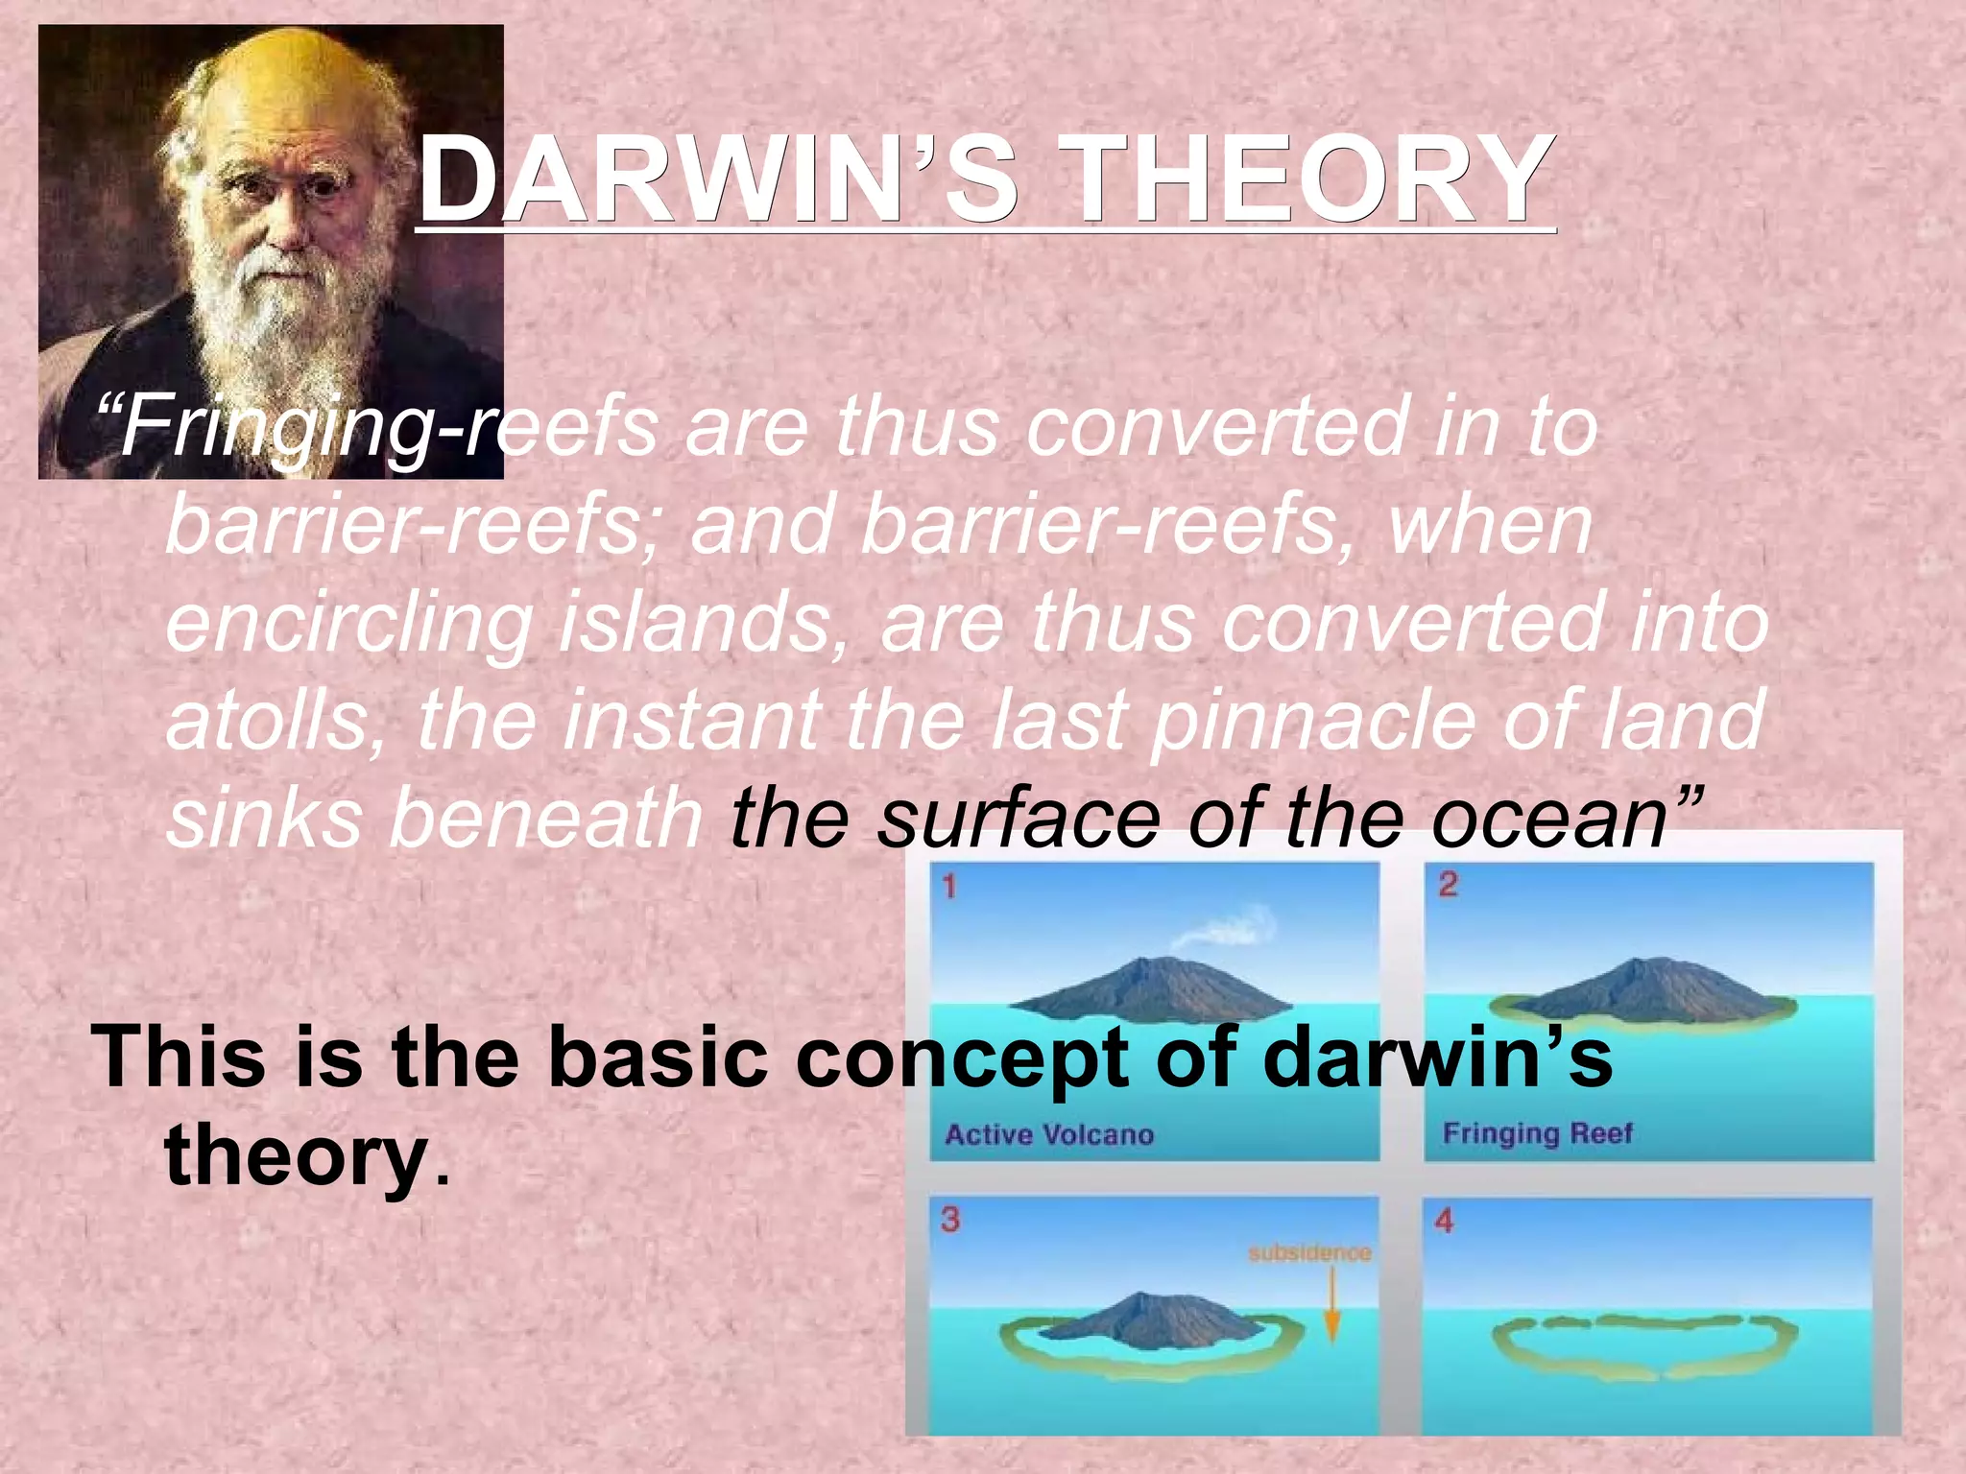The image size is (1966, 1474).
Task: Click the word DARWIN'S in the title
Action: point(715,180)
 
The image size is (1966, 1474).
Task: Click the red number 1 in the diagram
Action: point(949,886)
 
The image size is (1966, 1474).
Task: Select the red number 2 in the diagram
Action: point(1448,884)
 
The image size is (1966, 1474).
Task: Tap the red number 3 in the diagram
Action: point(950,1220)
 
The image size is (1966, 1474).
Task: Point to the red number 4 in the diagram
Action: point(1444,1222)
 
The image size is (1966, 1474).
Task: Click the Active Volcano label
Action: point(1049,1135)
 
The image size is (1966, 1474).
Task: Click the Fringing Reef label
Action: point(1537,1133)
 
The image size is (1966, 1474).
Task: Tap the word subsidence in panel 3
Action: point(1309,1253)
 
